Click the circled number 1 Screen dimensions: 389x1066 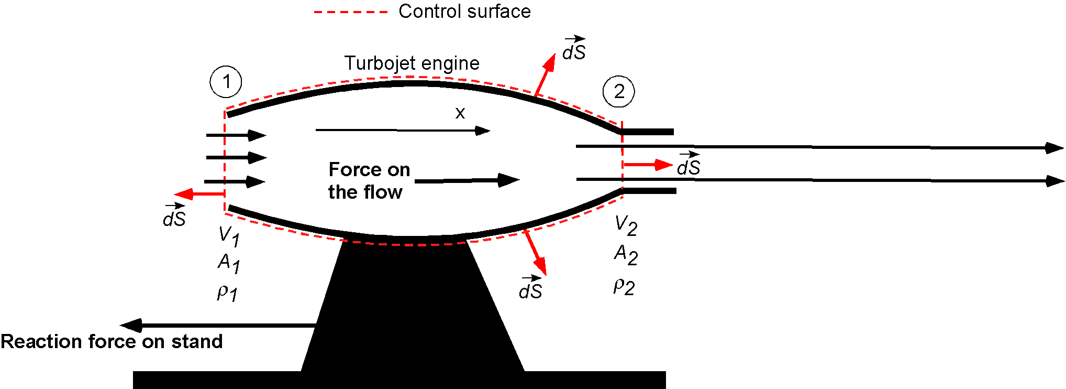(226, 81)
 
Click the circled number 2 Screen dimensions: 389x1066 (618, 91)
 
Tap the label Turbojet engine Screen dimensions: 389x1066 (412, 63)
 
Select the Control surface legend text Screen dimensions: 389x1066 (464, 12)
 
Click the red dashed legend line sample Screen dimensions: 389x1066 (350, 12)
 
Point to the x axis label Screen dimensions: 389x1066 (460, 113)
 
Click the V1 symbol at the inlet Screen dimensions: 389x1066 (229, 236)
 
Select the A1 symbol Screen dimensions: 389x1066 (229, 263)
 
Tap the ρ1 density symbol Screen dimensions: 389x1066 (227, 293)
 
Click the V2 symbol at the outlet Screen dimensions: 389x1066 (626, 225)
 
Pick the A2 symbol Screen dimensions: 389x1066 (626, 255)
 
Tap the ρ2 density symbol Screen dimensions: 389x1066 (624, 286)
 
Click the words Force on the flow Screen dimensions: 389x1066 (369, 181)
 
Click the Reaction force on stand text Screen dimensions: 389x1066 (112, 342)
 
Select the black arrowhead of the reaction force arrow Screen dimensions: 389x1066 (131, 325)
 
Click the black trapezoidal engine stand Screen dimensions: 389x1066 (411, 309)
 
